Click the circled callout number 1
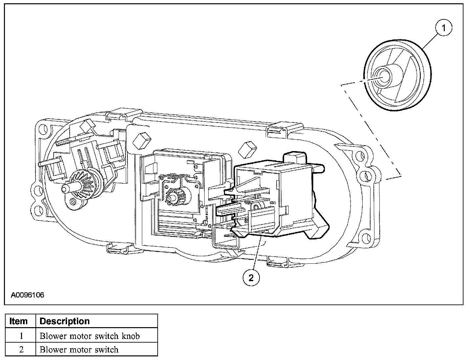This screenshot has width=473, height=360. click(443, 29)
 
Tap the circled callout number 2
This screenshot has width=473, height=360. click(251, 278)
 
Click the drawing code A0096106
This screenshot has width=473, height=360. click(28, 295)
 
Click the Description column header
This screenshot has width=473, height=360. click(64, 321)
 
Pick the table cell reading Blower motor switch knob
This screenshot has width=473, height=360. click(90, 336)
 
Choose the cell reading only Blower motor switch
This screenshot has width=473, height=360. click(79, 349)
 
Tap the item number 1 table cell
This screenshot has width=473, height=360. click(21, 336)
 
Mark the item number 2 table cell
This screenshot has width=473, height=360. click(21, 349)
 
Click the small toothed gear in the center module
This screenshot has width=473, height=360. click(176, 196)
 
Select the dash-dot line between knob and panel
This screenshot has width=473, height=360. click(371, 131)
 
